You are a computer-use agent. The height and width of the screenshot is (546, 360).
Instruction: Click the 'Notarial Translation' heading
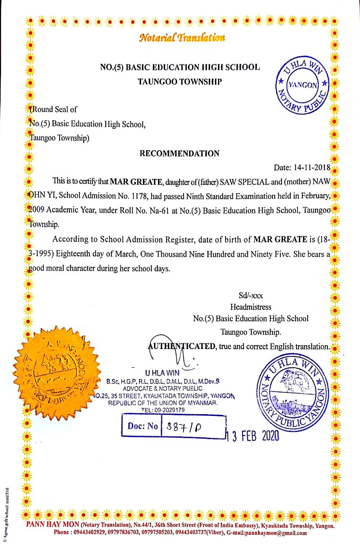pyautogui.click(x=182, y=37)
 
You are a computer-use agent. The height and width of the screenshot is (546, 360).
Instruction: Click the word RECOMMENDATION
pyautogui.click(x=179, y=153)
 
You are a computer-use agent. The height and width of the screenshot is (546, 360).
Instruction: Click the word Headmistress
pyautogui.click(x=250, y=307)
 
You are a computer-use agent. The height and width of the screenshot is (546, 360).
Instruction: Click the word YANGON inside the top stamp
pyautogui.click(x=302, y=85)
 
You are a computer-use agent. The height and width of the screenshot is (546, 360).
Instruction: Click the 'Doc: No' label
pyautogui.click(x=143, y=426)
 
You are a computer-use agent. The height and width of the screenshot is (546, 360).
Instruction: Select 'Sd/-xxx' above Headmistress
pyautogui.click(x=250, y=295)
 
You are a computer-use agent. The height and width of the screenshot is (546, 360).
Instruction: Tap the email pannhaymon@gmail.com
pyautogui.click(x=276, y=533)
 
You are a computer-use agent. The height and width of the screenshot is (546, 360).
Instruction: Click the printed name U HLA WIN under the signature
pyautogui.click(x=162, y=373)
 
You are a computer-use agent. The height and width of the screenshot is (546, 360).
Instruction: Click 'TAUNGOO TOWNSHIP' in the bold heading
pyautogui.click(x=179, y=82)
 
